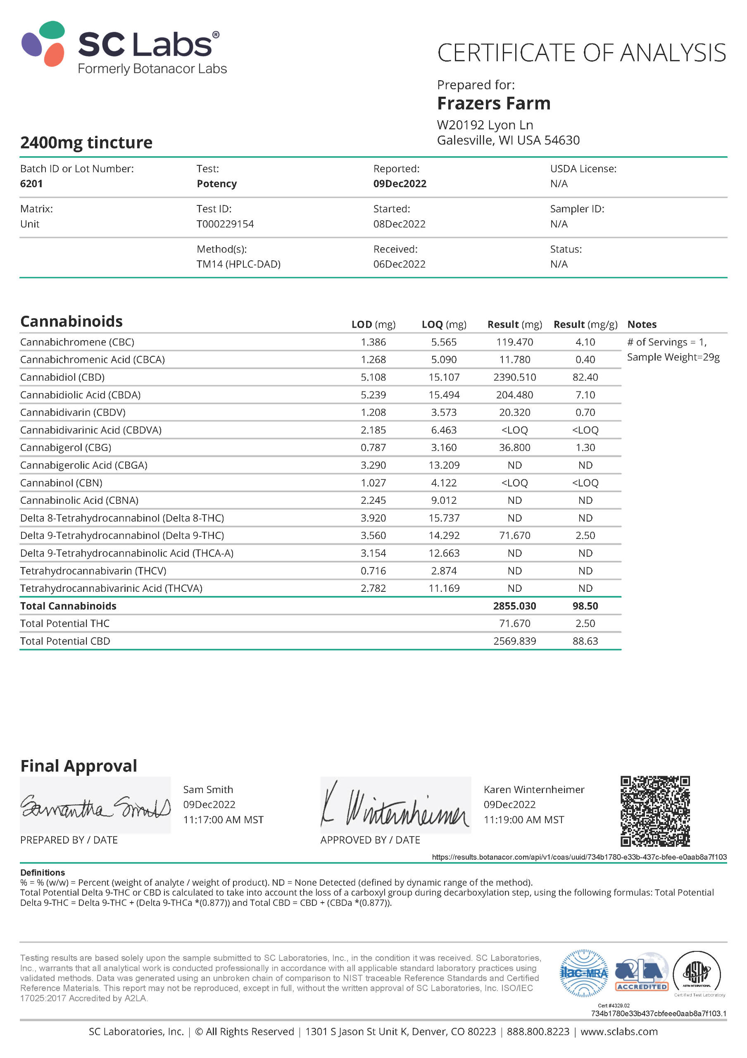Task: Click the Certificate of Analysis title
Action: (581, 53)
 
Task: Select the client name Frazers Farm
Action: (493, 104)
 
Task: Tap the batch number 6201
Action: (31, 184)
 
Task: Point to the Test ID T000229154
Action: (225, 224)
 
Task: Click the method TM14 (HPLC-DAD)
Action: (238, 264)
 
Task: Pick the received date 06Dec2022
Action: (399, 264)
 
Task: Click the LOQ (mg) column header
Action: (443, 324)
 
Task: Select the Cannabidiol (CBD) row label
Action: (62, 377)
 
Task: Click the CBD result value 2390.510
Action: (514, 377)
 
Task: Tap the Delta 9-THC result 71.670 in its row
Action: (514, 536)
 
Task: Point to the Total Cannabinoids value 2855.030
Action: (514, 606)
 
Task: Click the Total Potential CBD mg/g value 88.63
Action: (585, 641)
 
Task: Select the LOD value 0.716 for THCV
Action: (373, 571)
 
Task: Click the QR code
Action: (654, 811)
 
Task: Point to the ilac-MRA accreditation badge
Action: (583, 973)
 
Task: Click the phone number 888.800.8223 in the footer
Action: (538, 1032)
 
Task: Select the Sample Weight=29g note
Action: (673, 357)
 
